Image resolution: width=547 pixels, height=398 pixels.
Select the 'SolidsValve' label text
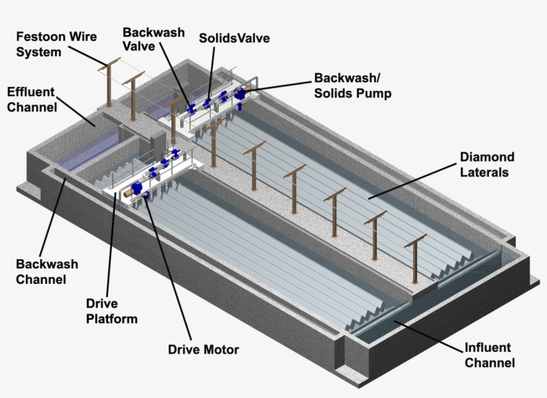(x=234, y=38)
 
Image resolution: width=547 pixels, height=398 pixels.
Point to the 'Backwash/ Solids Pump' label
(x=353, y=85)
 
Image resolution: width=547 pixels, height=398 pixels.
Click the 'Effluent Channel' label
(x=31, y=99)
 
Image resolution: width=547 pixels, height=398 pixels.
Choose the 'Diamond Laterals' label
(x=487, y=164)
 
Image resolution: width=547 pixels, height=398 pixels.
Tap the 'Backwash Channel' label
(x=47, y=272)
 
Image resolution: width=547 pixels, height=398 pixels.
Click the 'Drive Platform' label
(x=112, y=311)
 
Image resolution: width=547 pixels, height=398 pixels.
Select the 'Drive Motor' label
(x=203, y=349)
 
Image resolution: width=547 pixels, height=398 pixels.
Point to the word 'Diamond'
(x=487, y=157)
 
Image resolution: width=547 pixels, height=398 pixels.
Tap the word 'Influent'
(x=488, y=348)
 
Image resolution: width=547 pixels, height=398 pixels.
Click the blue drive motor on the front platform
(x=138, y=189)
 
